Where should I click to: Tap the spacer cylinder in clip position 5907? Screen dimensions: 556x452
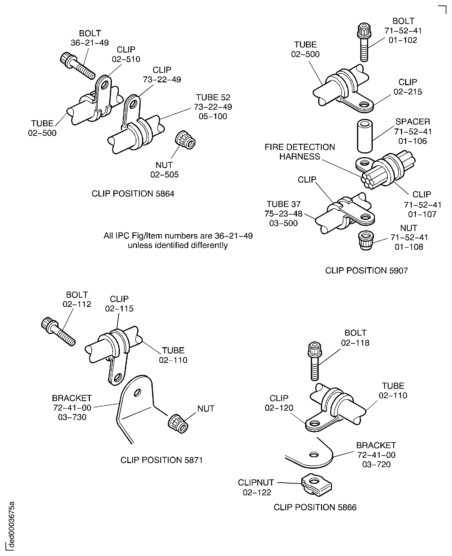pos(365,136)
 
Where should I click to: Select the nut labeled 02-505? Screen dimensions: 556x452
pos(185,140)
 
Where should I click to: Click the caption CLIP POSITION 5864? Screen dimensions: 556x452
pos(133,194)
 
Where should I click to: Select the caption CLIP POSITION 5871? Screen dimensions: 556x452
pos(161,460)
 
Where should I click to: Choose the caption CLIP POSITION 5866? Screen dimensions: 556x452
pos(315,507)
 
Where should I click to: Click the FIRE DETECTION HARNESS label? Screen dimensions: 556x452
pos(300,152)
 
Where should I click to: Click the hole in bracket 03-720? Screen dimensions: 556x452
pos(314,455)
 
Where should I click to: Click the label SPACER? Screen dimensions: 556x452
pos(412,122)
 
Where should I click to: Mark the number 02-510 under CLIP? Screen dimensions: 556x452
pos(126,59)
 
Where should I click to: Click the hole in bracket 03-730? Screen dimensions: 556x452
pos(137,392)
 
